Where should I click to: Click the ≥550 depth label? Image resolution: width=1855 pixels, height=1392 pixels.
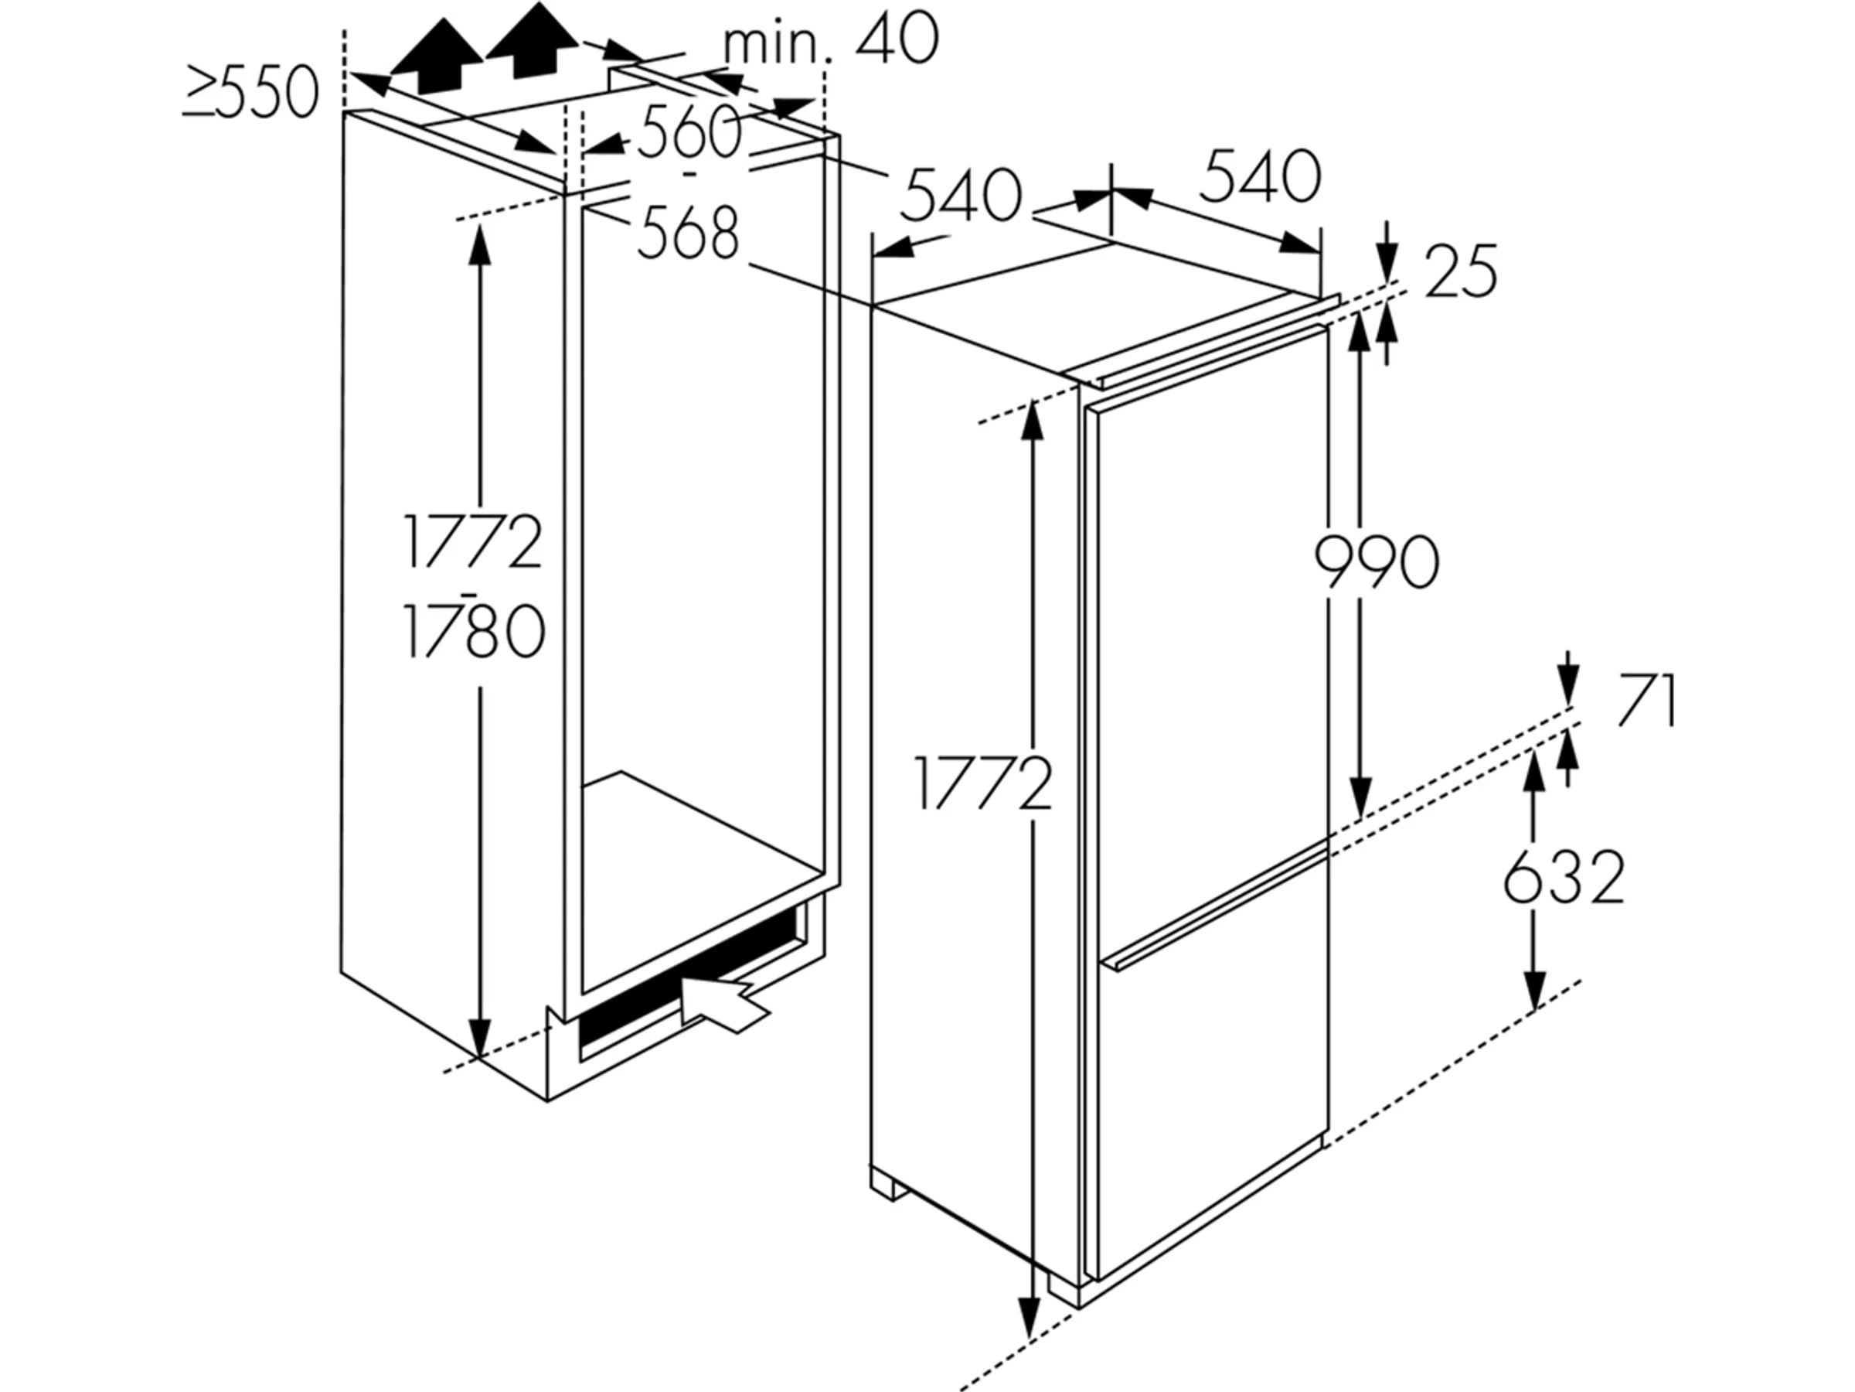point(250,92)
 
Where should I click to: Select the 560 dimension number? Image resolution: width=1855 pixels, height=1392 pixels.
point(689,131)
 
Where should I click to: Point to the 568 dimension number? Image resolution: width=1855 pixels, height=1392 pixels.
point(689,233)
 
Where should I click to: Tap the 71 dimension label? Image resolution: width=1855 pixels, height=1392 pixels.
point(1646,701)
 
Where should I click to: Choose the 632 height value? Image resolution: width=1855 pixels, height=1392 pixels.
point(1563,878)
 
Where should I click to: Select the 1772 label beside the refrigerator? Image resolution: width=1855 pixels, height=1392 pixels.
point(983,783)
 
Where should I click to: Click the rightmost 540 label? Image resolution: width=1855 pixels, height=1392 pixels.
point(1260,176)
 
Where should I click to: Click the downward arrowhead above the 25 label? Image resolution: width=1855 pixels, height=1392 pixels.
point(1387,263)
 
